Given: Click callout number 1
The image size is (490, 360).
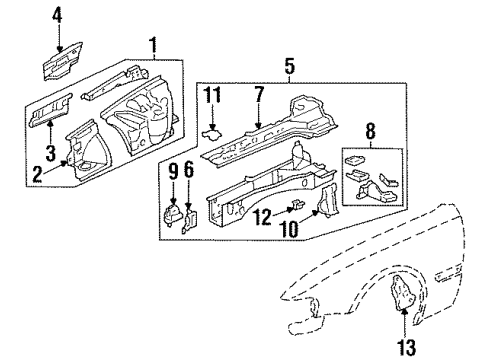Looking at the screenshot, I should (x=153, y=44).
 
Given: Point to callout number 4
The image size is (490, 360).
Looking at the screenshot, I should (x=57, y=16).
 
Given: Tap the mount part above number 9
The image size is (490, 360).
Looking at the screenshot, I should (x=171, y=216).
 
